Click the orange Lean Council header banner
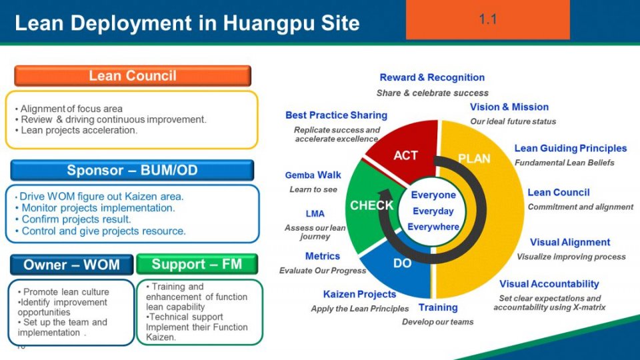[x=133, y=76]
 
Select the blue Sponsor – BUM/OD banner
[x=132, y=170]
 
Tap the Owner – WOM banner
[x=71, y=265]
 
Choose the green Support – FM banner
[x=197, y=264]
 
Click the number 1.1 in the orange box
[x=488, y=19]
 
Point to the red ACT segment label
[x=405, y=155]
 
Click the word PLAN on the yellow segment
[x=474, y=159]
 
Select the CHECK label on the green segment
[x=371, y=205]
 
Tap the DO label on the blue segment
[x=402, y=263]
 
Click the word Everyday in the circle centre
[x=433, y=211]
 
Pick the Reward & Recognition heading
[x=432, y=77]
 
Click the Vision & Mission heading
[x=509, y=107]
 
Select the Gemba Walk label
[x=313, y=175]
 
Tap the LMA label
[x=315, y=214]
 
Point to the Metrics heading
[x=323, y=256]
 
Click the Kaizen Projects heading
[x=359, y=294]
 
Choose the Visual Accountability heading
[x=549, y=284]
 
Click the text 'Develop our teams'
[x=437, y=322]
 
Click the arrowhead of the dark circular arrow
[x=385, y=195]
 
